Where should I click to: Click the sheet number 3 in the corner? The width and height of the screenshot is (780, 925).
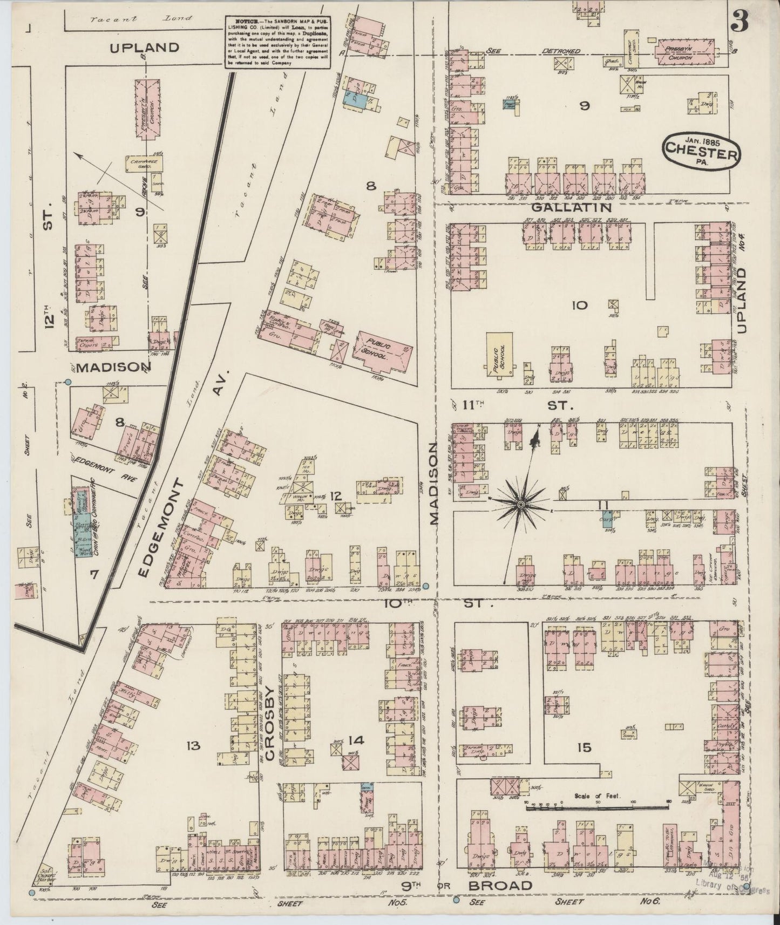740,23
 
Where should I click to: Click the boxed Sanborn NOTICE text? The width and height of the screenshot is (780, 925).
277,41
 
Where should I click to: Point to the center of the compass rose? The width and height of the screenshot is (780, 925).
521,504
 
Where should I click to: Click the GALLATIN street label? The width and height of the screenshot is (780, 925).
572,207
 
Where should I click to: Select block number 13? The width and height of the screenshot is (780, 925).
193,746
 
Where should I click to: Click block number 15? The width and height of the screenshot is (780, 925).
584,747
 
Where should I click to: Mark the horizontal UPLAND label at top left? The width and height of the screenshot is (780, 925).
144,47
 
